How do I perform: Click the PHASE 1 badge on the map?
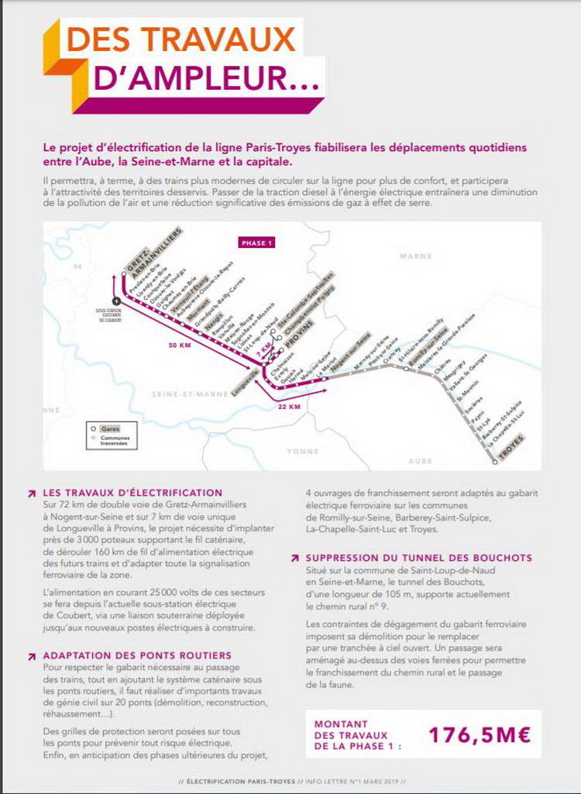[257, 242]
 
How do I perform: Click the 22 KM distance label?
[289, 406]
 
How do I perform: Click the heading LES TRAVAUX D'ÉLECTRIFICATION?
[133, 493]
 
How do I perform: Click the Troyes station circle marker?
[495, 462]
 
